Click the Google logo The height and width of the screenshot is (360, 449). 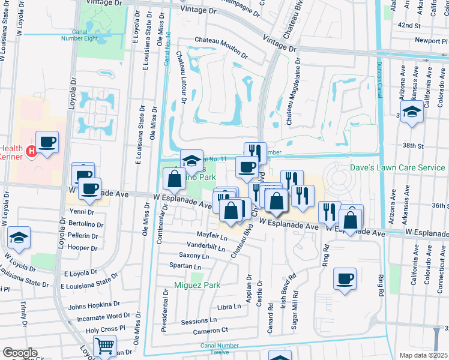(20, 353)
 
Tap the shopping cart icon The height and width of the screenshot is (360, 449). (104, 346)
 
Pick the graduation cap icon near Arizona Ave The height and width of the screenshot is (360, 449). (412, 112)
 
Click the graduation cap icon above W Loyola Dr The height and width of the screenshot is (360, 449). (19, 239)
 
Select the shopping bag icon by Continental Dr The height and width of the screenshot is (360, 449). (174, 178)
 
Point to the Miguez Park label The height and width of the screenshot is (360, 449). (194, 284)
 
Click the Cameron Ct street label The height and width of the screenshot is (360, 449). (211, 330)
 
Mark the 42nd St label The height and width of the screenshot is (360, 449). (410, 26)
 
